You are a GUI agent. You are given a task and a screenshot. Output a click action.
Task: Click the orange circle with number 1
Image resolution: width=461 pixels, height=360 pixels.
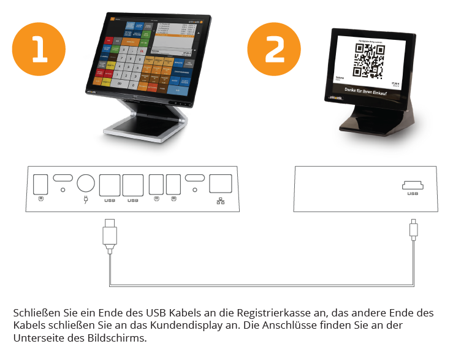40,50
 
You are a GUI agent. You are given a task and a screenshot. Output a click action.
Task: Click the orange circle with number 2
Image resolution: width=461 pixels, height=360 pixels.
275,50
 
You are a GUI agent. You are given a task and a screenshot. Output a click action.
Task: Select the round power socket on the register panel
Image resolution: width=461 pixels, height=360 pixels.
86,184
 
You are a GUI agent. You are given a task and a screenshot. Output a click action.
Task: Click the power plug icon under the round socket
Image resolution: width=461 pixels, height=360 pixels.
86,199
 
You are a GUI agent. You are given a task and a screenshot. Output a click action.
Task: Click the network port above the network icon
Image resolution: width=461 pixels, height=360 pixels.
221,184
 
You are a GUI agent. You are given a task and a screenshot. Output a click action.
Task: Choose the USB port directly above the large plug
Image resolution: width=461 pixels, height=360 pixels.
110,185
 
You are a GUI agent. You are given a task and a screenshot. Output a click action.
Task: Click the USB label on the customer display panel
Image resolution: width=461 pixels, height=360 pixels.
413,194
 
